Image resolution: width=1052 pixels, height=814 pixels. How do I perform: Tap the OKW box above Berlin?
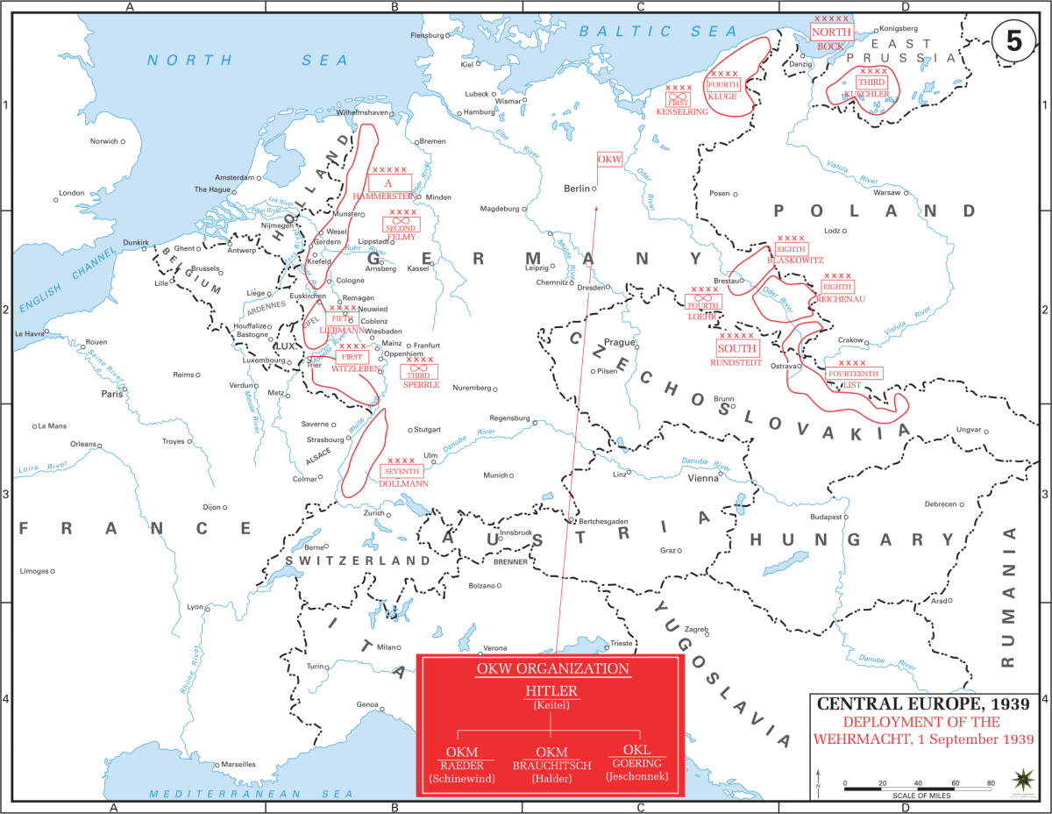609,159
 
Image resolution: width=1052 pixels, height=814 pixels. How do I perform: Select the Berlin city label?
577,189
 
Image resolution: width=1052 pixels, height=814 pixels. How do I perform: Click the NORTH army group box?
830,31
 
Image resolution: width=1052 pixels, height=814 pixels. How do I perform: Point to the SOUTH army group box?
736,348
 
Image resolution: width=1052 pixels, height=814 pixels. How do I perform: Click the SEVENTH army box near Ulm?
402,471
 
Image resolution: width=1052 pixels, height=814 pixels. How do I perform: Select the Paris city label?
111,394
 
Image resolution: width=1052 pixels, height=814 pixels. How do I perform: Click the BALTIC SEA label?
658,32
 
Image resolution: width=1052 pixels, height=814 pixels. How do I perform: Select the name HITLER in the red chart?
551,691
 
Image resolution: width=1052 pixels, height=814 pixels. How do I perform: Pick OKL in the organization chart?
636,750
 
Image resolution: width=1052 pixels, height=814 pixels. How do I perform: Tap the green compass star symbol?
1021,779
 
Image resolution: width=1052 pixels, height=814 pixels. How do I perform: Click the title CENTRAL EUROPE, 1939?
923,703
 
